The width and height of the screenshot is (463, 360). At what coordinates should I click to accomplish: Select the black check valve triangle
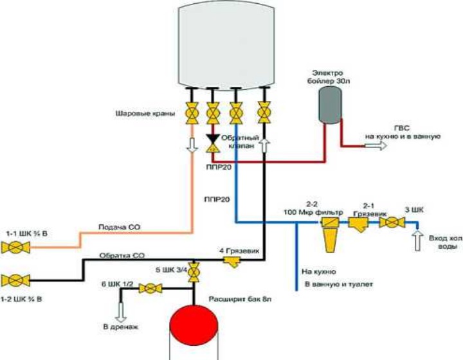click(x=212, y=138)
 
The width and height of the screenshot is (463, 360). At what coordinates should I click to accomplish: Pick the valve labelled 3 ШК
click(x=390, y=223)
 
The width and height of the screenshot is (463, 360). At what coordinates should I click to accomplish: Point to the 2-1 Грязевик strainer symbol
click(x=358, y=224)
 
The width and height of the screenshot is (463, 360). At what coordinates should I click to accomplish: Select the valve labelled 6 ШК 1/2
click(x=150, y=290)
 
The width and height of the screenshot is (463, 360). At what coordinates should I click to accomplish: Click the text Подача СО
click(x=116, y=227)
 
